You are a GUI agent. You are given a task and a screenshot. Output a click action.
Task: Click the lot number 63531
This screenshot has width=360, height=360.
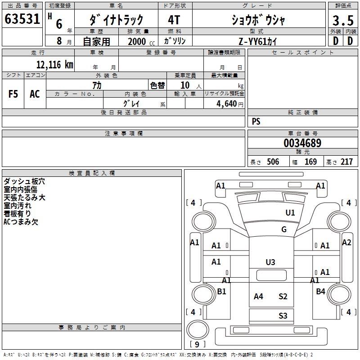[x=22, y=20]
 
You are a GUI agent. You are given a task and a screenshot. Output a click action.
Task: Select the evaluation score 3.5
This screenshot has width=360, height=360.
[x=343, y=20]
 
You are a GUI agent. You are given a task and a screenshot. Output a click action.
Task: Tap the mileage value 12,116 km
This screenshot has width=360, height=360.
[x=54, y=64]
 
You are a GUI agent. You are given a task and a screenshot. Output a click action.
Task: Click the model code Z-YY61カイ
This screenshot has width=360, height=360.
[x=258, y=41]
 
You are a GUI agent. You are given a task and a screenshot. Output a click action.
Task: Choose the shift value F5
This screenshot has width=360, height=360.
[x=13, y=94]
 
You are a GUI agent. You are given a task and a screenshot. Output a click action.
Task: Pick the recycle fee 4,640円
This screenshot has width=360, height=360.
[x=229, y=103]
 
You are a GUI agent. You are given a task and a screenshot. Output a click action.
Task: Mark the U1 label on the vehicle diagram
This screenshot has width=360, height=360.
[x=290, y=213]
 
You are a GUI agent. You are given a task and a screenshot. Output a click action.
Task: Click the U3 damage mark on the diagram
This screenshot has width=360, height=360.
[x=270, y=262]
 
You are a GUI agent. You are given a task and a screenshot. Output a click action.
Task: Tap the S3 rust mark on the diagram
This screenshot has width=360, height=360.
[x=283, y=316]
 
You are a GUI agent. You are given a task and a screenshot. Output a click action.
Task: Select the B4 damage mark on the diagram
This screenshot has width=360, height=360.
[x=320, y=292]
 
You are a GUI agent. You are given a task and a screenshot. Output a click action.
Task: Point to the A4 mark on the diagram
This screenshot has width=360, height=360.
[x=258, y=296]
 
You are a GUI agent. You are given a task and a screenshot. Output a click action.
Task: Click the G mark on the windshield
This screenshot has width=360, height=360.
[x=284, y=229]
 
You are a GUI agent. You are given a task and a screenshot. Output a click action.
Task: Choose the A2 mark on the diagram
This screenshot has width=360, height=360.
[x=346, y=243]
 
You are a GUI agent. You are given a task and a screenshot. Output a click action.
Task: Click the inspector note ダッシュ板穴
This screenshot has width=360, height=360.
[x=24, y=182]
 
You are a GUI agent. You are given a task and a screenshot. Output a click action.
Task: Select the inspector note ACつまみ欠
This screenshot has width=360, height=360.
[x=21, y=222]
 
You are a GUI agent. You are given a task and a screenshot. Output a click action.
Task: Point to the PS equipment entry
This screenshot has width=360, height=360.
[x=256, y=121]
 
